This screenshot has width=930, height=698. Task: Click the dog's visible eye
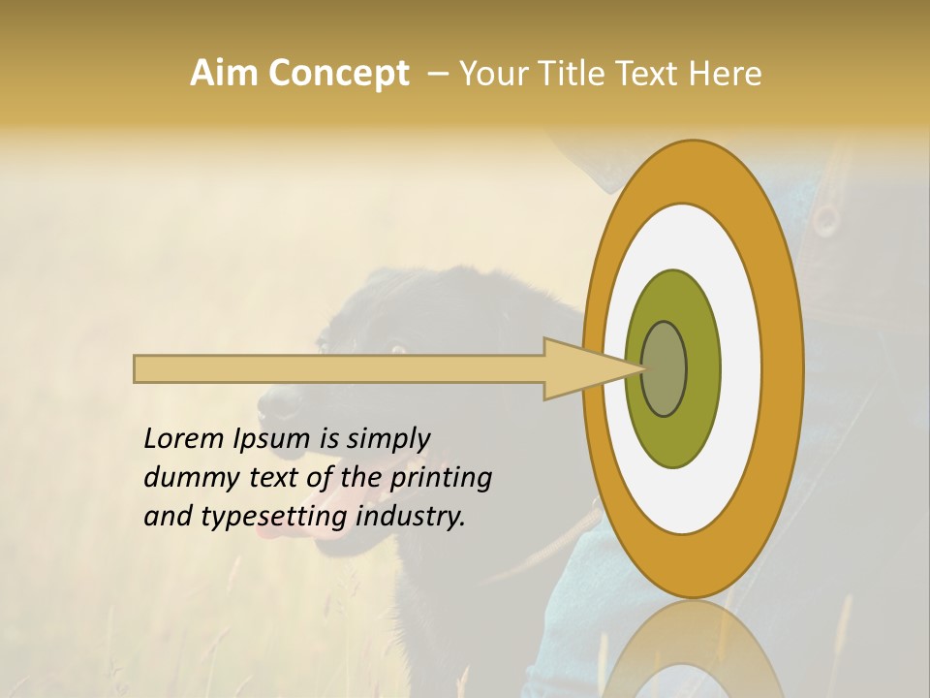click(396, 347)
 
